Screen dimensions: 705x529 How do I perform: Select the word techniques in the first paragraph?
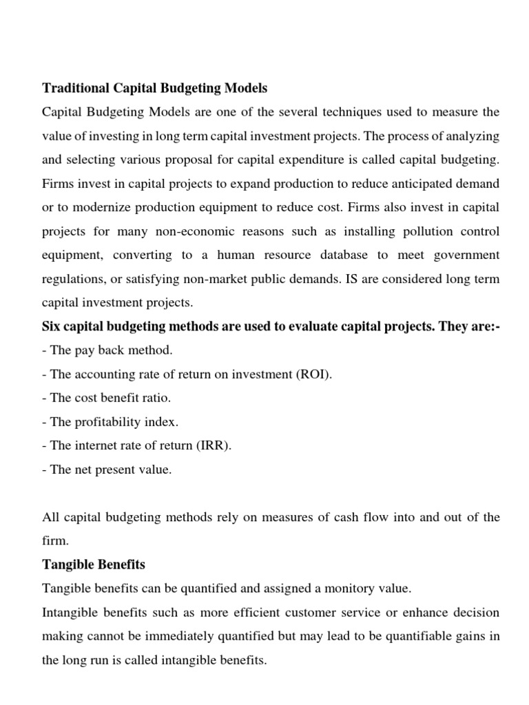326,112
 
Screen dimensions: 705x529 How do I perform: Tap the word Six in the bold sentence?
52,326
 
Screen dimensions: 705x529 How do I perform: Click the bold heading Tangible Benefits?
94,564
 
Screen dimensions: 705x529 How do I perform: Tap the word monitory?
352,588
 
